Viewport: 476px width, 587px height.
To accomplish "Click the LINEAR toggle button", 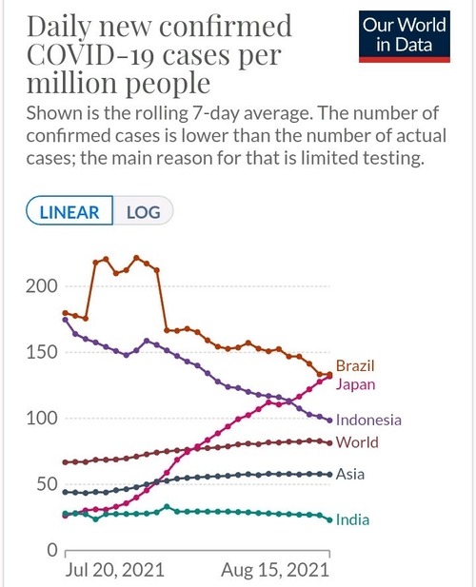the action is [x=69, y=210].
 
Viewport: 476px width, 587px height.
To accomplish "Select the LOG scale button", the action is [x=143, y=210].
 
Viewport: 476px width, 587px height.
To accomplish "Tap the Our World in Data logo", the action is [x=405, y=36].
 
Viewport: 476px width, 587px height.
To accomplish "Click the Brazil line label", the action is [x=355, y=365].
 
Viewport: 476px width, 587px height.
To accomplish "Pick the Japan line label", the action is [x=355, y=385].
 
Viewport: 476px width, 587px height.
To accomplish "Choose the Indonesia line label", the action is [x=368, y=421].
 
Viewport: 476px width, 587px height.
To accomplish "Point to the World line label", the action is [x=357, y=442].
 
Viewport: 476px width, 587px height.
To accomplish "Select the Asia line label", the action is [x=350, y=475].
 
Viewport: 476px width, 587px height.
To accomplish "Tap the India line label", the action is [x=352, y=520].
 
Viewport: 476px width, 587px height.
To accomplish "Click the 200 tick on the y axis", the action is [x=42, y=286].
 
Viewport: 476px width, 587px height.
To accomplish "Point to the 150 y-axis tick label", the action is [x=42, y=352].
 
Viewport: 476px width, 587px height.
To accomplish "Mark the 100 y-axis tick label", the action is [x=42, y=419].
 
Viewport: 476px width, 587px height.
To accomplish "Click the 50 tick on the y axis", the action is [x=48, y=484].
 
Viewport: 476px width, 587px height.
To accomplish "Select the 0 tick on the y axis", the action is [x=52, y=550].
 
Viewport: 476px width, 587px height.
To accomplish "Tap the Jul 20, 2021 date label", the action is [x=114, y=570].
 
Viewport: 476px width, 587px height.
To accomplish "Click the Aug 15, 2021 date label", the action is [x=275, y=570].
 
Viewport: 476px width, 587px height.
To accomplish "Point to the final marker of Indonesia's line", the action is [x=329, y=421].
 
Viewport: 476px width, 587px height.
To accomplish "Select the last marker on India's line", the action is [x=329, y=520].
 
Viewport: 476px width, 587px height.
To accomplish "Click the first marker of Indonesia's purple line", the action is [x=66, y=320].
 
